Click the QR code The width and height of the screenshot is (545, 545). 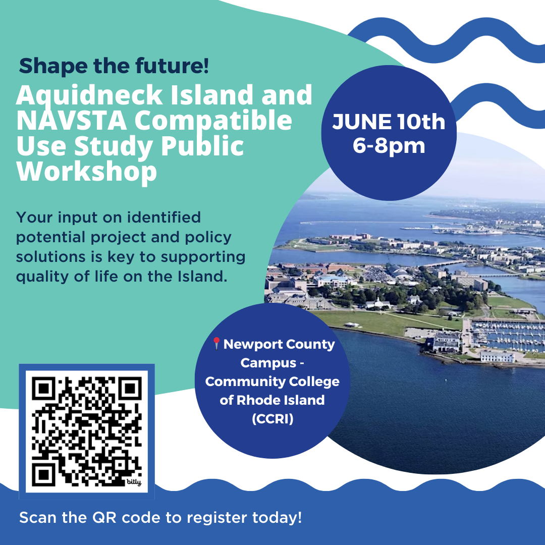pyautogui.click(x=87, y=431)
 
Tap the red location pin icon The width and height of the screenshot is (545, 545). pyautogui.click(x=216, y=344)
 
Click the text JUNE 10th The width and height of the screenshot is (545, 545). pyautogui.click(x=389, y=122)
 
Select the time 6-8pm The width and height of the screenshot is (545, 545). pyautogui.click(x=389, y=146)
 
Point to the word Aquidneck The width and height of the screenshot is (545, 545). pyautogui.click(x=89, y=96)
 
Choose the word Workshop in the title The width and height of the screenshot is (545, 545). pyautogui.click(x=87, y=172)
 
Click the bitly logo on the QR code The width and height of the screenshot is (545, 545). pyautogui.click(x=134, y=482)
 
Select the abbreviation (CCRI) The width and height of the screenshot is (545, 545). pyautogui.click(x=272, y=418)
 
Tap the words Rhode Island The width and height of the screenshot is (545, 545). pyautogui.click(x=281, y=400)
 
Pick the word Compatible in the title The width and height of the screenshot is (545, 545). pyautogui.click(x=213, y=122)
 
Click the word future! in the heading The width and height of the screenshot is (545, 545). pyautogui.click(x=172, y=66)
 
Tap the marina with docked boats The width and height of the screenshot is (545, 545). pyautogui.click(x=508, y=336)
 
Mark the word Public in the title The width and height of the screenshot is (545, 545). pyautogui.click(x=202, y=146)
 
